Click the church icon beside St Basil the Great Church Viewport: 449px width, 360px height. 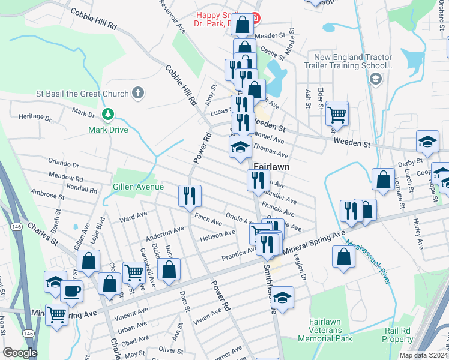[x=138, y=93]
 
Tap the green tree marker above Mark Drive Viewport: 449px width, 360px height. [x=108, y=114]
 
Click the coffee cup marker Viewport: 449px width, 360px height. [x=72, y=292]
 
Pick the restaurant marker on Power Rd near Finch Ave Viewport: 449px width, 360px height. [x=190, y=195]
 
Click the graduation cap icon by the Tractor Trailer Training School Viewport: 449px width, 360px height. [x=375, y=79]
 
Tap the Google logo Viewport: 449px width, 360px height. [x=20, y=353]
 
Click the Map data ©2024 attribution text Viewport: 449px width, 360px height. [x=424, y=355]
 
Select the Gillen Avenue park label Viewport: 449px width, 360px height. [x=139, y=187]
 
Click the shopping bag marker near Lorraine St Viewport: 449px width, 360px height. [x=383, y=178]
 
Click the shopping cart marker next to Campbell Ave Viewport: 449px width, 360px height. [x=134, y=272]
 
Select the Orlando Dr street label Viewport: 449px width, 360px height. [x=64, y=164]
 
